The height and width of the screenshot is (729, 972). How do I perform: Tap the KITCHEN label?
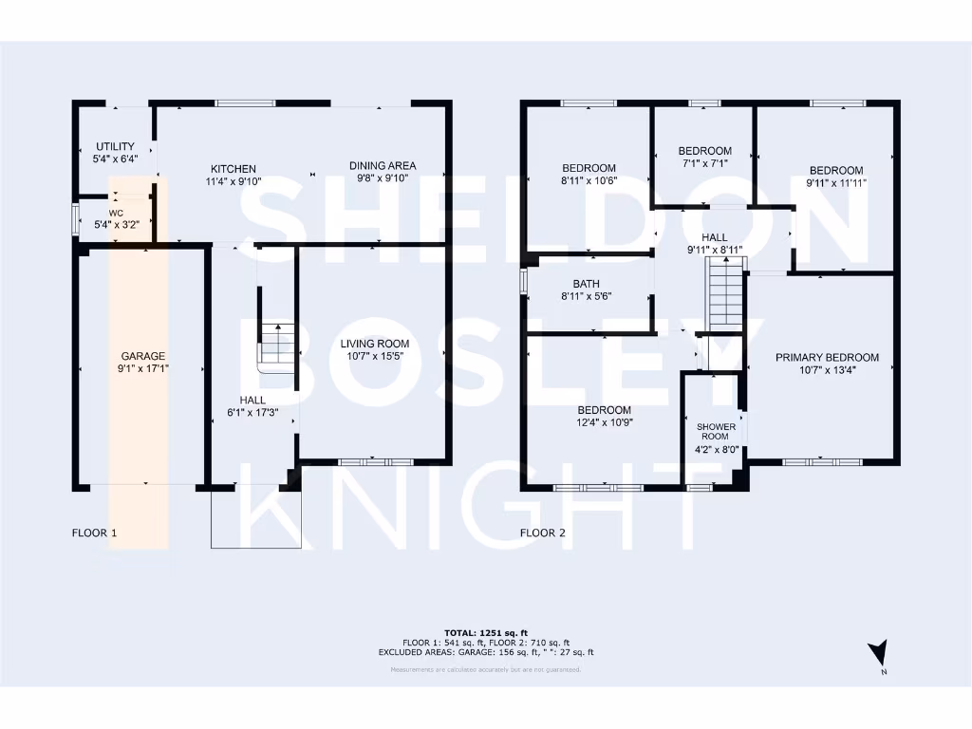point(234,168)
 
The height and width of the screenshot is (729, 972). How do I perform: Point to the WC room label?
point(116,213)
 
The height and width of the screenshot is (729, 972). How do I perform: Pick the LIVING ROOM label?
point(375,344)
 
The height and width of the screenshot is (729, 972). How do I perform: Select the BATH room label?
point(586,283)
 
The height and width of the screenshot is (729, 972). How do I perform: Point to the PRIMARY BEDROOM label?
point(827,358)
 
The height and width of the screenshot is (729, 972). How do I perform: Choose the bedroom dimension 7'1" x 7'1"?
point(704,163)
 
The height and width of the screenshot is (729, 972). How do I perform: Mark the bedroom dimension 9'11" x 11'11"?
point(836,182)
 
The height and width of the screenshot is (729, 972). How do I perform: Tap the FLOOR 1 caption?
point(95,533)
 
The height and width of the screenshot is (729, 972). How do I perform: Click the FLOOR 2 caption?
point(543,533)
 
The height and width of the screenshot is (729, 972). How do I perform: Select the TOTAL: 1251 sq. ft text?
point(485,632)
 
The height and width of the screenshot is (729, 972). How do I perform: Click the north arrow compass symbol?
point(879,655)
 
